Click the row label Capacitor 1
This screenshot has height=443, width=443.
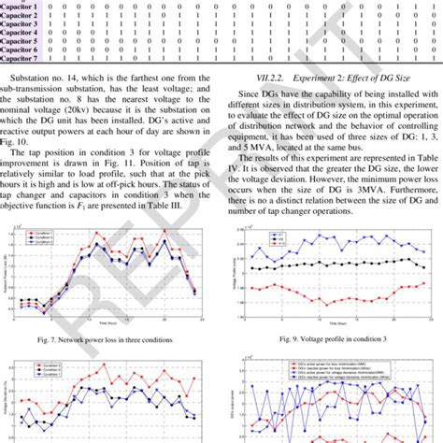[x=20, y=7]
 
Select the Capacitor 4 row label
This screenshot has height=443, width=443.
[x=20, y=33]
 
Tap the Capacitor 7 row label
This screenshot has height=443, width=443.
[x=20, y=58]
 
